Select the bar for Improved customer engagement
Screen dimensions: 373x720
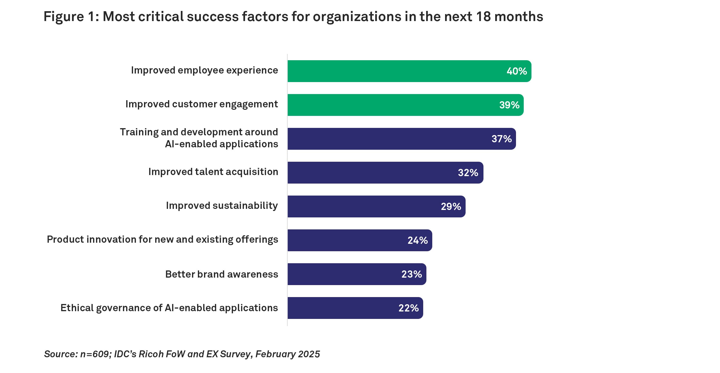point(391,105)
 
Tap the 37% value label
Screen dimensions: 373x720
point(501,139)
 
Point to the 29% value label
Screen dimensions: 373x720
point(451,206)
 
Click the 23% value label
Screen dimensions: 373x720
point(411,274)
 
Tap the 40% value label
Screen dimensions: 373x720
point(517,71)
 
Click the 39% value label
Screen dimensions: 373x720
point(509,105)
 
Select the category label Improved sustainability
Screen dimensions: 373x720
point(222,205)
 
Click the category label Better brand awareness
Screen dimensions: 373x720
point(222,274)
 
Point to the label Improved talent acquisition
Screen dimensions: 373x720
point(213,172)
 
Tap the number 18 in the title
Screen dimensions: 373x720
point(483,17)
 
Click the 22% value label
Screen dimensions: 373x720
point(408,308)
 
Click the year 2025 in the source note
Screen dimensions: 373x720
point(309,354)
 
